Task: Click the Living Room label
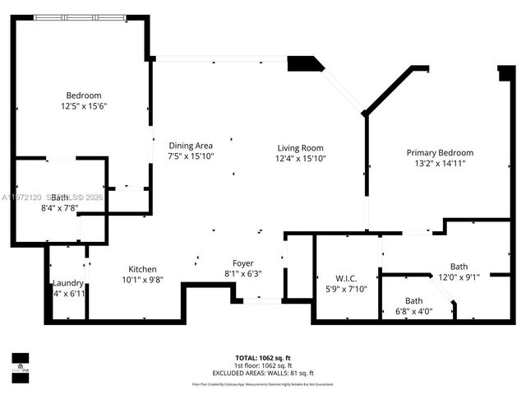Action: click(x=301, y=148)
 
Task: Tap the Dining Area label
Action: click(x=191, y=145)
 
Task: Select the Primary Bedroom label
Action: click(x=441, y=152)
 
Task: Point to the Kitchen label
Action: click(x=142, y=269)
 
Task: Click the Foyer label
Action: click(x=242, y=263)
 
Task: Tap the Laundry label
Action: click(x=68, y=283)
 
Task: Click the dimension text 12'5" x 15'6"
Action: click(x=85, y=106)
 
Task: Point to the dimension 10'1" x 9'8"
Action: click(x=142, y=280)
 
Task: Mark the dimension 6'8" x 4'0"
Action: click(x=413, y=311)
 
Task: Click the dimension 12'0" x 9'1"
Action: click(x=459, y=276)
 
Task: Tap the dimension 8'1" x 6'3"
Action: click(x=242, y=274)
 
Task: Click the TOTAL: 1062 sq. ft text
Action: click(x=263, y=358)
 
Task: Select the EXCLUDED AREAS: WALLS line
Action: click(x=263, y=372)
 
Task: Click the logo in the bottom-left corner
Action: click(x=20, y=363)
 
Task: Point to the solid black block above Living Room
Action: click(x=304, y=63)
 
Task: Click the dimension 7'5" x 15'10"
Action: click(x=191, y=156)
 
